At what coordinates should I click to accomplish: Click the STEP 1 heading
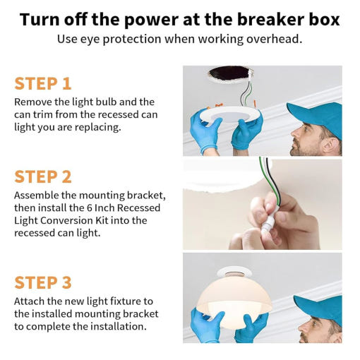(43, 83)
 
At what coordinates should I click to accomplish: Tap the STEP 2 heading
(43, 176)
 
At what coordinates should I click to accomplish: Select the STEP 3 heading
(43, 282)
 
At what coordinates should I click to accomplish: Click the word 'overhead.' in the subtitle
(274, 39)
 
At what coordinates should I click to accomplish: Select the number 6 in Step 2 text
(89, 208)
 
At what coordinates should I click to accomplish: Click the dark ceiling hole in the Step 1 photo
(229, 73)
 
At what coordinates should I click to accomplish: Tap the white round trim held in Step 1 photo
(229, 115)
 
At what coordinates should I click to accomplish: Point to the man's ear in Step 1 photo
(330, 144)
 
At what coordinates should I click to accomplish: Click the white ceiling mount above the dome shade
(234, 271)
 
